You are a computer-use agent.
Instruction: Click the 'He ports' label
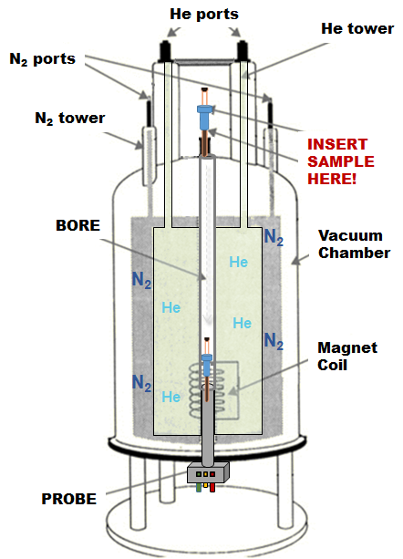(204, 15)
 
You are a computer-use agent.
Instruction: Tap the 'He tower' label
(357, 28)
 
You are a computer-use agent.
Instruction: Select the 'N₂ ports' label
(43, 59)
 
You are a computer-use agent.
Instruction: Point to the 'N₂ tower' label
(70, 119)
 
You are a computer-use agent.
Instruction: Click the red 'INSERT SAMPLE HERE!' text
(341, 161)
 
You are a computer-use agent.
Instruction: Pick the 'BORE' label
(78, 225)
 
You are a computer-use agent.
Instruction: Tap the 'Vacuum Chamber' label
(354, 244)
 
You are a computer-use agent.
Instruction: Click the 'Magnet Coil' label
(347, 357)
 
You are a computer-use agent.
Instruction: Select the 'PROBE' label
(68, 499)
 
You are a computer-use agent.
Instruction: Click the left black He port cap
(165, 51)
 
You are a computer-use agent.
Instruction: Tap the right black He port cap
(243, 51)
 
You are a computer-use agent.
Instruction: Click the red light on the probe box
(212, 474)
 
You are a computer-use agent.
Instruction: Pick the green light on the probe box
(199, 474)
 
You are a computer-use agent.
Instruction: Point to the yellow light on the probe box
(205, 474)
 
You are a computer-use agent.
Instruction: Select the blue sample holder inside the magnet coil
(207, 365)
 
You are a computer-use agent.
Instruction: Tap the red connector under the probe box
(212, 487)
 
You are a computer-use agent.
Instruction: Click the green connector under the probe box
(199, 487)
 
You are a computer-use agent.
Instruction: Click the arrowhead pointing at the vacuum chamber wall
(295, 262)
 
